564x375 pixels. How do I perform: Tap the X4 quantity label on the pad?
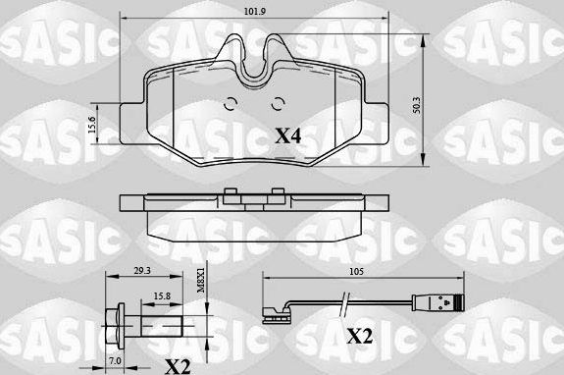point(287,136)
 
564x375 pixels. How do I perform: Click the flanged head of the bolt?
point(113,318)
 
